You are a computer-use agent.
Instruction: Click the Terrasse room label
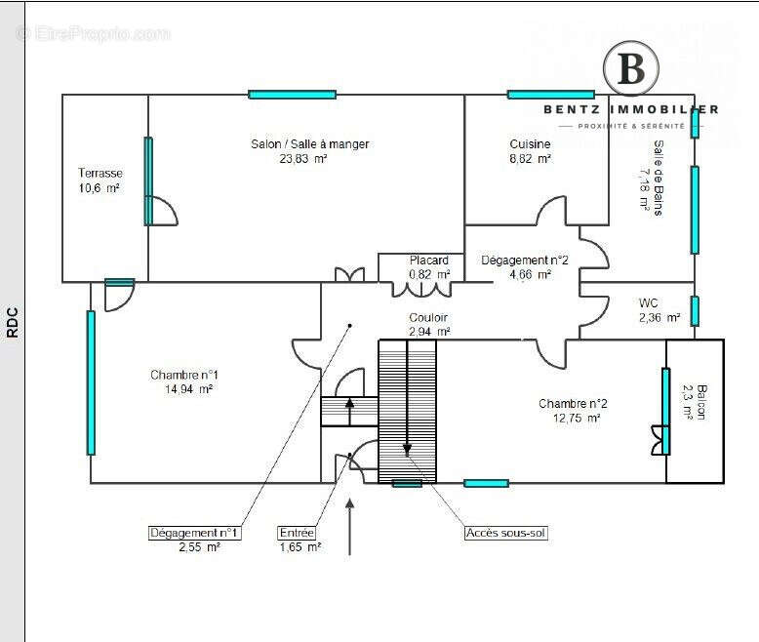point(100,173)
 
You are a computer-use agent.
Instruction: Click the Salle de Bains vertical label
point(659,178)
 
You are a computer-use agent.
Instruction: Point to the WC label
point(649,302)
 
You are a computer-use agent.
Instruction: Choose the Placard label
point(429,261)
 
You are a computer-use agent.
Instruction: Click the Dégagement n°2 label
point(525,261)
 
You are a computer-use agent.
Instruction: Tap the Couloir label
point(428,318)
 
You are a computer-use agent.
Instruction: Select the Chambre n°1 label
point(184,375)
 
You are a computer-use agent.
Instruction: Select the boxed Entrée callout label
point(297,534)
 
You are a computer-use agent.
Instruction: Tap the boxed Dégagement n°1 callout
point(195,534)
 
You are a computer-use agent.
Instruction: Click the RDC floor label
point(13,322)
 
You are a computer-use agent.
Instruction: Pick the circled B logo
point(631,69)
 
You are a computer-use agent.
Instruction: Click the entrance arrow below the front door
point(350,527)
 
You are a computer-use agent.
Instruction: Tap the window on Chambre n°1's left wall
point(91,382)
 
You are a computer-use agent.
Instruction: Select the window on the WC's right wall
point(695,310)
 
